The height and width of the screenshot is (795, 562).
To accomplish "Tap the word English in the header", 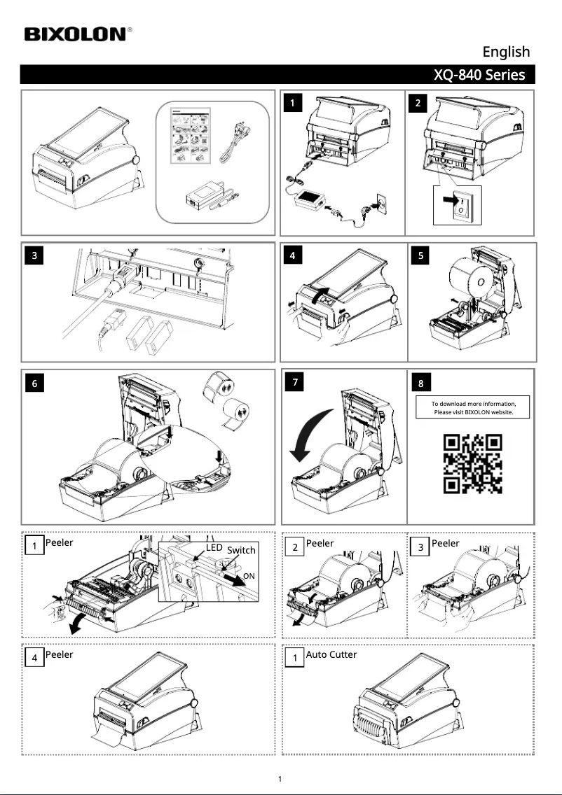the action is click(x=506, y=52).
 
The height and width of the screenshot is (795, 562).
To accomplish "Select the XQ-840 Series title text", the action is click(x=479, y=74).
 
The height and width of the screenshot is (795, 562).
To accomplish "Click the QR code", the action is click(x=472, y=463).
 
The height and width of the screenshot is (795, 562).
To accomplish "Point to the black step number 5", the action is click(x=420, y=255).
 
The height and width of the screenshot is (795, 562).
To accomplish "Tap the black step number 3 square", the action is click(x=34, y=255).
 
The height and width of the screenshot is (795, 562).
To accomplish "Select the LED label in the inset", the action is click(x=214, y=547).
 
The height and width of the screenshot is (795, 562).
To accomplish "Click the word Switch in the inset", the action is click(x=241, y=550).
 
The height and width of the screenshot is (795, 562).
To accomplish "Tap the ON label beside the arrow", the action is click(x=249, y=576).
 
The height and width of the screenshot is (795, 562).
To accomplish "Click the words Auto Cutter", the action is click(x=331, y=654).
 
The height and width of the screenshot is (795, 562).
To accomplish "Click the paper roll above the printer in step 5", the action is click(x=471, y=279).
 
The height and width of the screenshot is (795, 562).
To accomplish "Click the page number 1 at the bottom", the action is click(x=280, y=779).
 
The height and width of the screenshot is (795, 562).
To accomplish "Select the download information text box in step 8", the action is click(x=472, y=407).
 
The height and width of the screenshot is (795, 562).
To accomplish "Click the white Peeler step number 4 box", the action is click(x=34, y=658).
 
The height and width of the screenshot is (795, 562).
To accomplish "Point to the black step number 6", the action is click(x=34, y=384).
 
